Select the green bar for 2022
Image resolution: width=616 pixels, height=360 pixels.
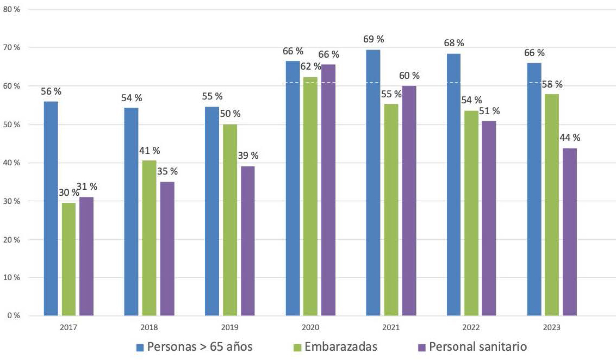pyautogui.click(x=471, y=213)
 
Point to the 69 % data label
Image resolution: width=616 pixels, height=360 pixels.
pyautogui.click(x=374, y=39)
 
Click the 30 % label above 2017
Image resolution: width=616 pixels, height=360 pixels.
pyautogui.click(x=69, y=193)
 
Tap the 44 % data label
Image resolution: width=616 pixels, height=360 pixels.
pyautogui.click(x=570, y=138)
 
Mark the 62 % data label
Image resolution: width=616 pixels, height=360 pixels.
pyautogui.click(x=310, y=67)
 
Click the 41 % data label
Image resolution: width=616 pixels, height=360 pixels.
pyautogui.click(x=149, y=150)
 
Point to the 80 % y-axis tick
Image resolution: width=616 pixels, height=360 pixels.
pyautogui.click(x=11, y=9)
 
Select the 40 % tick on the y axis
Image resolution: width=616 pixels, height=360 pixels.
pyautogui.click(x=11, y=163)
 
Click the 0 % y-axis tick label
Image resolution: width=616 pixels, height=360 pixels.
pyautogui.click(x=13, y=315)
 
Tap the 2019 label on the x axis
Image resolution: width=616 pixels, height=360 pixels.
pyautogui.click(x=229, y=328)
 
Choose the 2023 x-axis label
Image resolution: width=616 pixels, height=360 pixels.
pyautogui.click(x=552, y=328)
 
